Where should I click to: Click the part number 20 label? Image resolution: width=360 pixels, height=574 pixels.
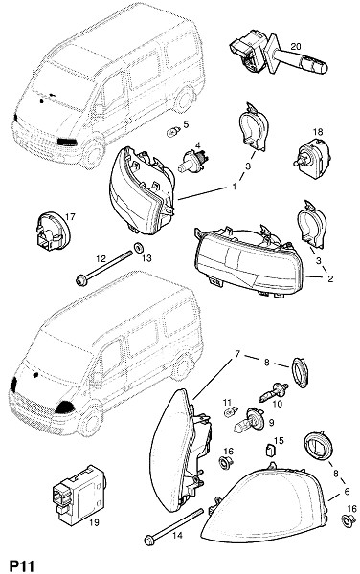(296, 47)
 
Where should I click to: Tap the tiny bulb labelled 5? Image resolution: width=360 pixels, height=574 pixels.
(173, 131)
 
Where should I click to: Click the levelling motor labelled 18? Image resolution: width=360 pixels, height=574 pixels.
(309, 155)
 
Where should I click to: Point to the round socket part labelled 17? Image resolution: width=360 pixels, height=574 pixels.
(53, 232)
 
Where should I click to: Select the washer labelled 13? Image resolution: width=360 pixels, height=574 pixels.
(139, 248)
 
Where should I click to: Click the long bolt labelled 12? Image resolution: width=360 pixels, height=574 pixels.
(103, 267)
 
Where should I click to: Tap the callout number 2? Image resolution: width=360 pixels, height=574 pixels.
(330, 279)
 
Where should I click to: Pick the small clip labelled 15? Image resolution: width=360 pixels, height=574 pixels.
(270, 450)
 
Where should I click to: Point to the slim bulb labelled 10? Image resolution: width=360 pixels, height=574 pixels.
(274, 392)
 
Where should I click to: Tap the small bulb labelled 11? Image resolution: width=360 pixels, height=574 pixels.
(231, 411)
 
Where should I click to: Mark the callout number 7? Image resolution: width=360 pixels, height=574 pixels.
(237, 354)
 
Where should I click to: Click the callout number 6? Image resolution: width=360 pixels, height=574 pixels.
(347, 492)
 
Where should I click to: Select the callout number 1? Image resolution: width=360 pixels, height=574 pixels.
(235, 187)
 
